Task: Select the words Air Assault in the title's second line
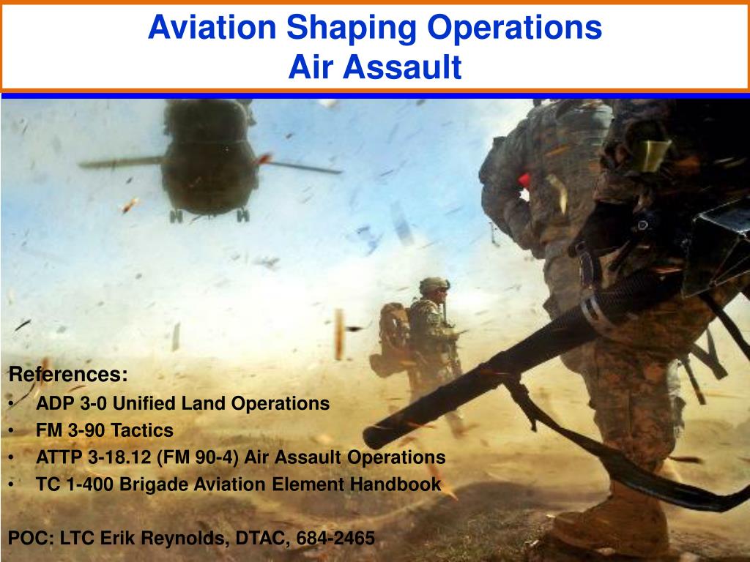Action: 374,67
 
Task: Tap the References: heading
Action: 67,375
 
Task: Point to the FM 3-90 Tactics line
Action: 105,430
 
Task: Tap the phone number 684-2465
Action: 335,539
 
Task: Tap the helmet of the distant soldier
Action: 434,285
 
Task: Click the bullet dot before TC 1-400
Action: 15,485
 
